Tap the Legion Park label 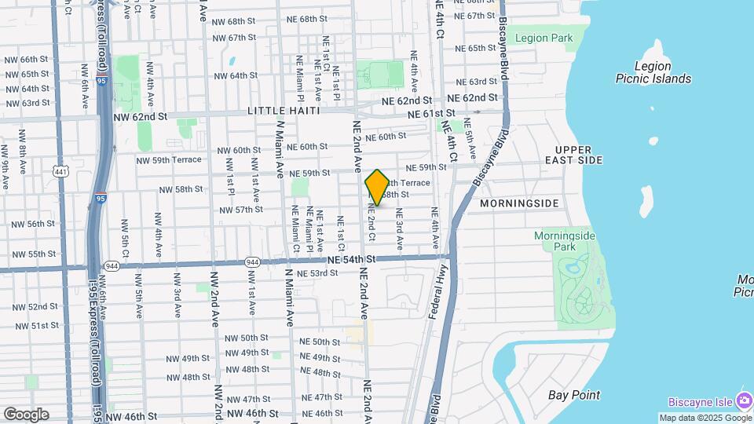pos(544,38)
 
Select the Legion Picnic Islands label pos(653,72)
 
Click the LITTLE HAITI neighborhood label pos(284,111)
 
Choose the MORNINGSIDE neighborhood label pos(519,203)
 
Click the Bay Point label pos(574,395)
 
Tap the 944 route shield pos(252,261)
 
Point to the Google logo pos(25,414)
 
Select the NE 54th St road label pos(352,259)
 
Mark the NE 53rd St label pos(317,273)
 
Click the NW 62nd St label pos(141,116)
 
